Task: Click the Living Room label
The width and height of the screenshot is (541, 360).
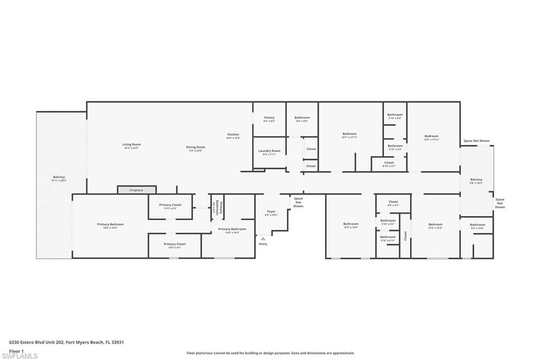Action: click(132, 144)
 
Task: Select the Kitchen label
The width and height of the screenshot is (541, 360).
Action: click(234, 135)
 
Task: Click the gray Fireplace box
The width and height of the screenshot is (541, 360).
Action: click(136, 190)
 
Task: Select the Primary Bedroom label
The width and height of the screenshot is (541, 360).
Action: click(110, 224)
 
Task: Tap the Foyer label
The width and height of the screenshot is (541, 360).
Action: click(271, 212)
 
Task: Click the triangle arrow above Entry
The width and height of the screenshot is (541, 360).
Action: click(263, 239)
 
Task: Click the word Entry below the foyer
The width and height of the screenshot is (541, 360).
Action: click(263, 244)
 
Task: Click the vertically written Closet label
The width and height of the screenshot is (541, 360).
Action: click(406, 236)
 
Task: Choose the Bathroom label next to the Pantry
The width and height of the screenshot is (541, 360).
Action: click(302, 118)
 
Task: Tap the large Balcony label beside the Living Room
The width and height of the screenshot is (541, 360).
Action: click(59, 177)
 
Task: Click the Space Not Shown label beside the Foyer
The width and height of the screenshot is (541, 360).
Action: click(299, 202)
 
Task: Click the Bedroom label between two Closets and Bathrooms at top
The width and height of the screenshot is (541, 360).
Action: click(349, 134)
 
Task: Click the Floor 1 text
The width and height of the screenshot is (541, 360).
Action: click(17, 350)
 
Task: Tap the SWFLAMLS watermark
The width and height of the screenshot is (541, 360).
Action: click(20, 356)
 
